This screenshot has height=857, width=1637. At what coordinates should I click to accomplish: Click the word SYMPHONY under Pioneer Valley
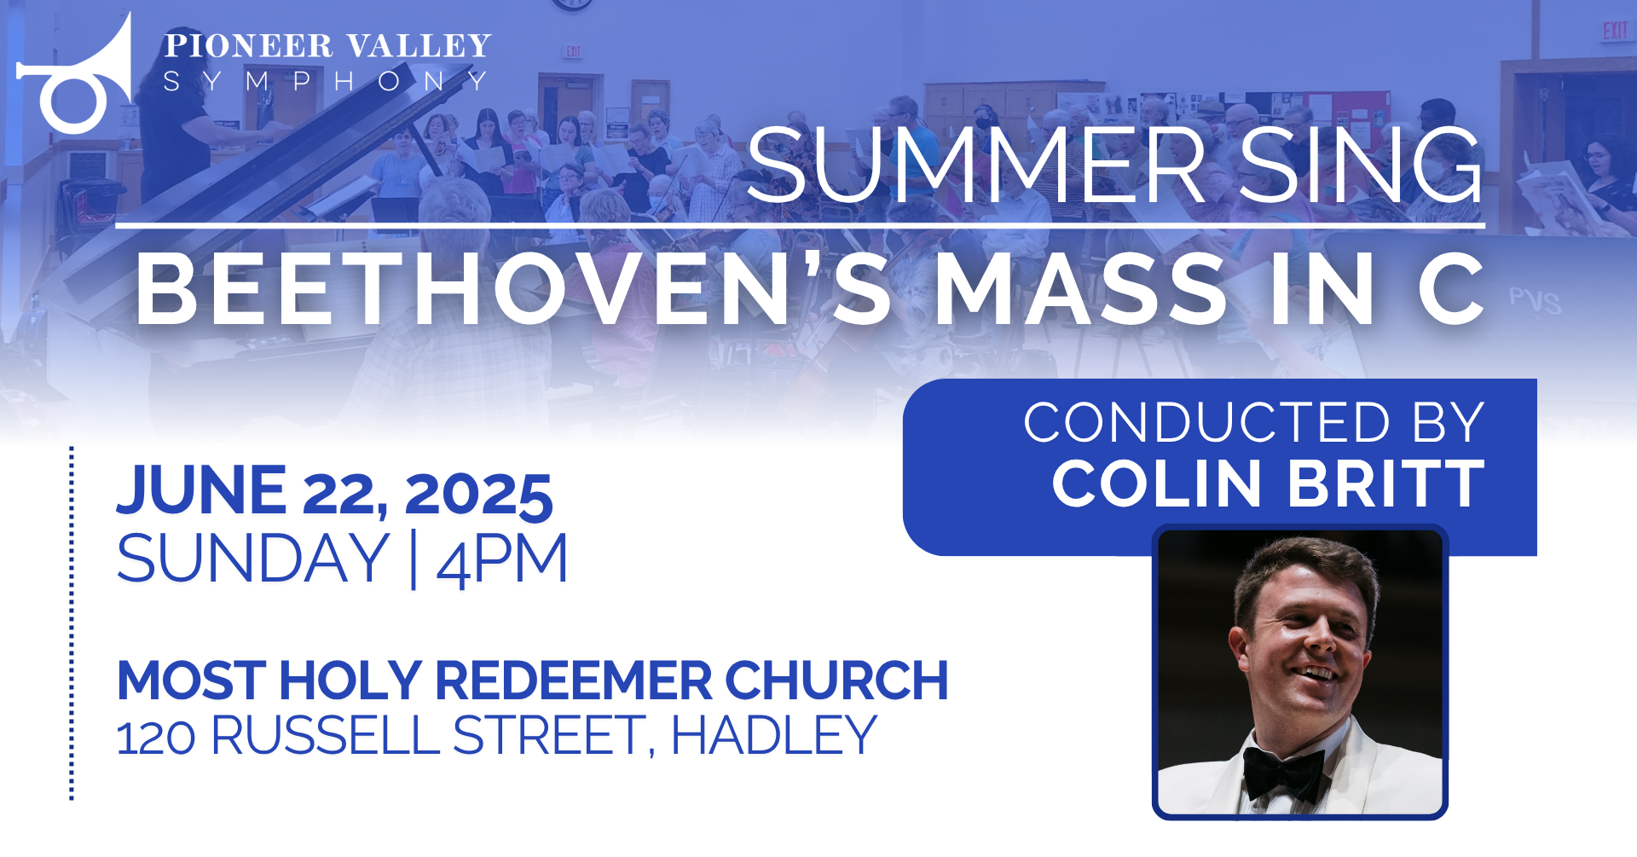326,81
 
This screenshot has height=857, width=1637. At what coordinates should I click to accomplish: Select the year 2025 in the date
478,495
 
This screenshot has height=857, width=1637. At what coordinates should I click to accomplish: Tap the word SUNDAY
253,559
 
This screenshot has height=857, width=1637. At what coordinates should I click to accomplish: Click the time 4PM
502,560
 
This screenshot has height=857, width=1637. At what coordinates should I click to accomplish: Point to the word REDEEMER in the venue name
574,680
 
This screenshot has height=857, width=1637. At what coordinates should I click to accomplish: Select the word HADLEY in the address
774,735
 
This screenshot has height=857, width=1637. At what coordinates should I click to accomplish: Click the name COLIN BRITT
1268,484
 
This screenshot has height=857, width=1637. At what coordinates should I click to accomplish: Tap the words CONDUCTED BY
1254,422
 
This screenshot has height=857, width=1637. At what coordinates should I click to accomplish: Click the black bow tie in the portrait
1282,773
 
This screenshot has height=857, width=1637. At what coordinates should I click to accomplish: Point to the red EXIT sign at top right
1615,32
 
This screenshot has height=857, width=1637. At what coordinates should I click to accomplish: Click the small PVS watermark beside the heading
1535,301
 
